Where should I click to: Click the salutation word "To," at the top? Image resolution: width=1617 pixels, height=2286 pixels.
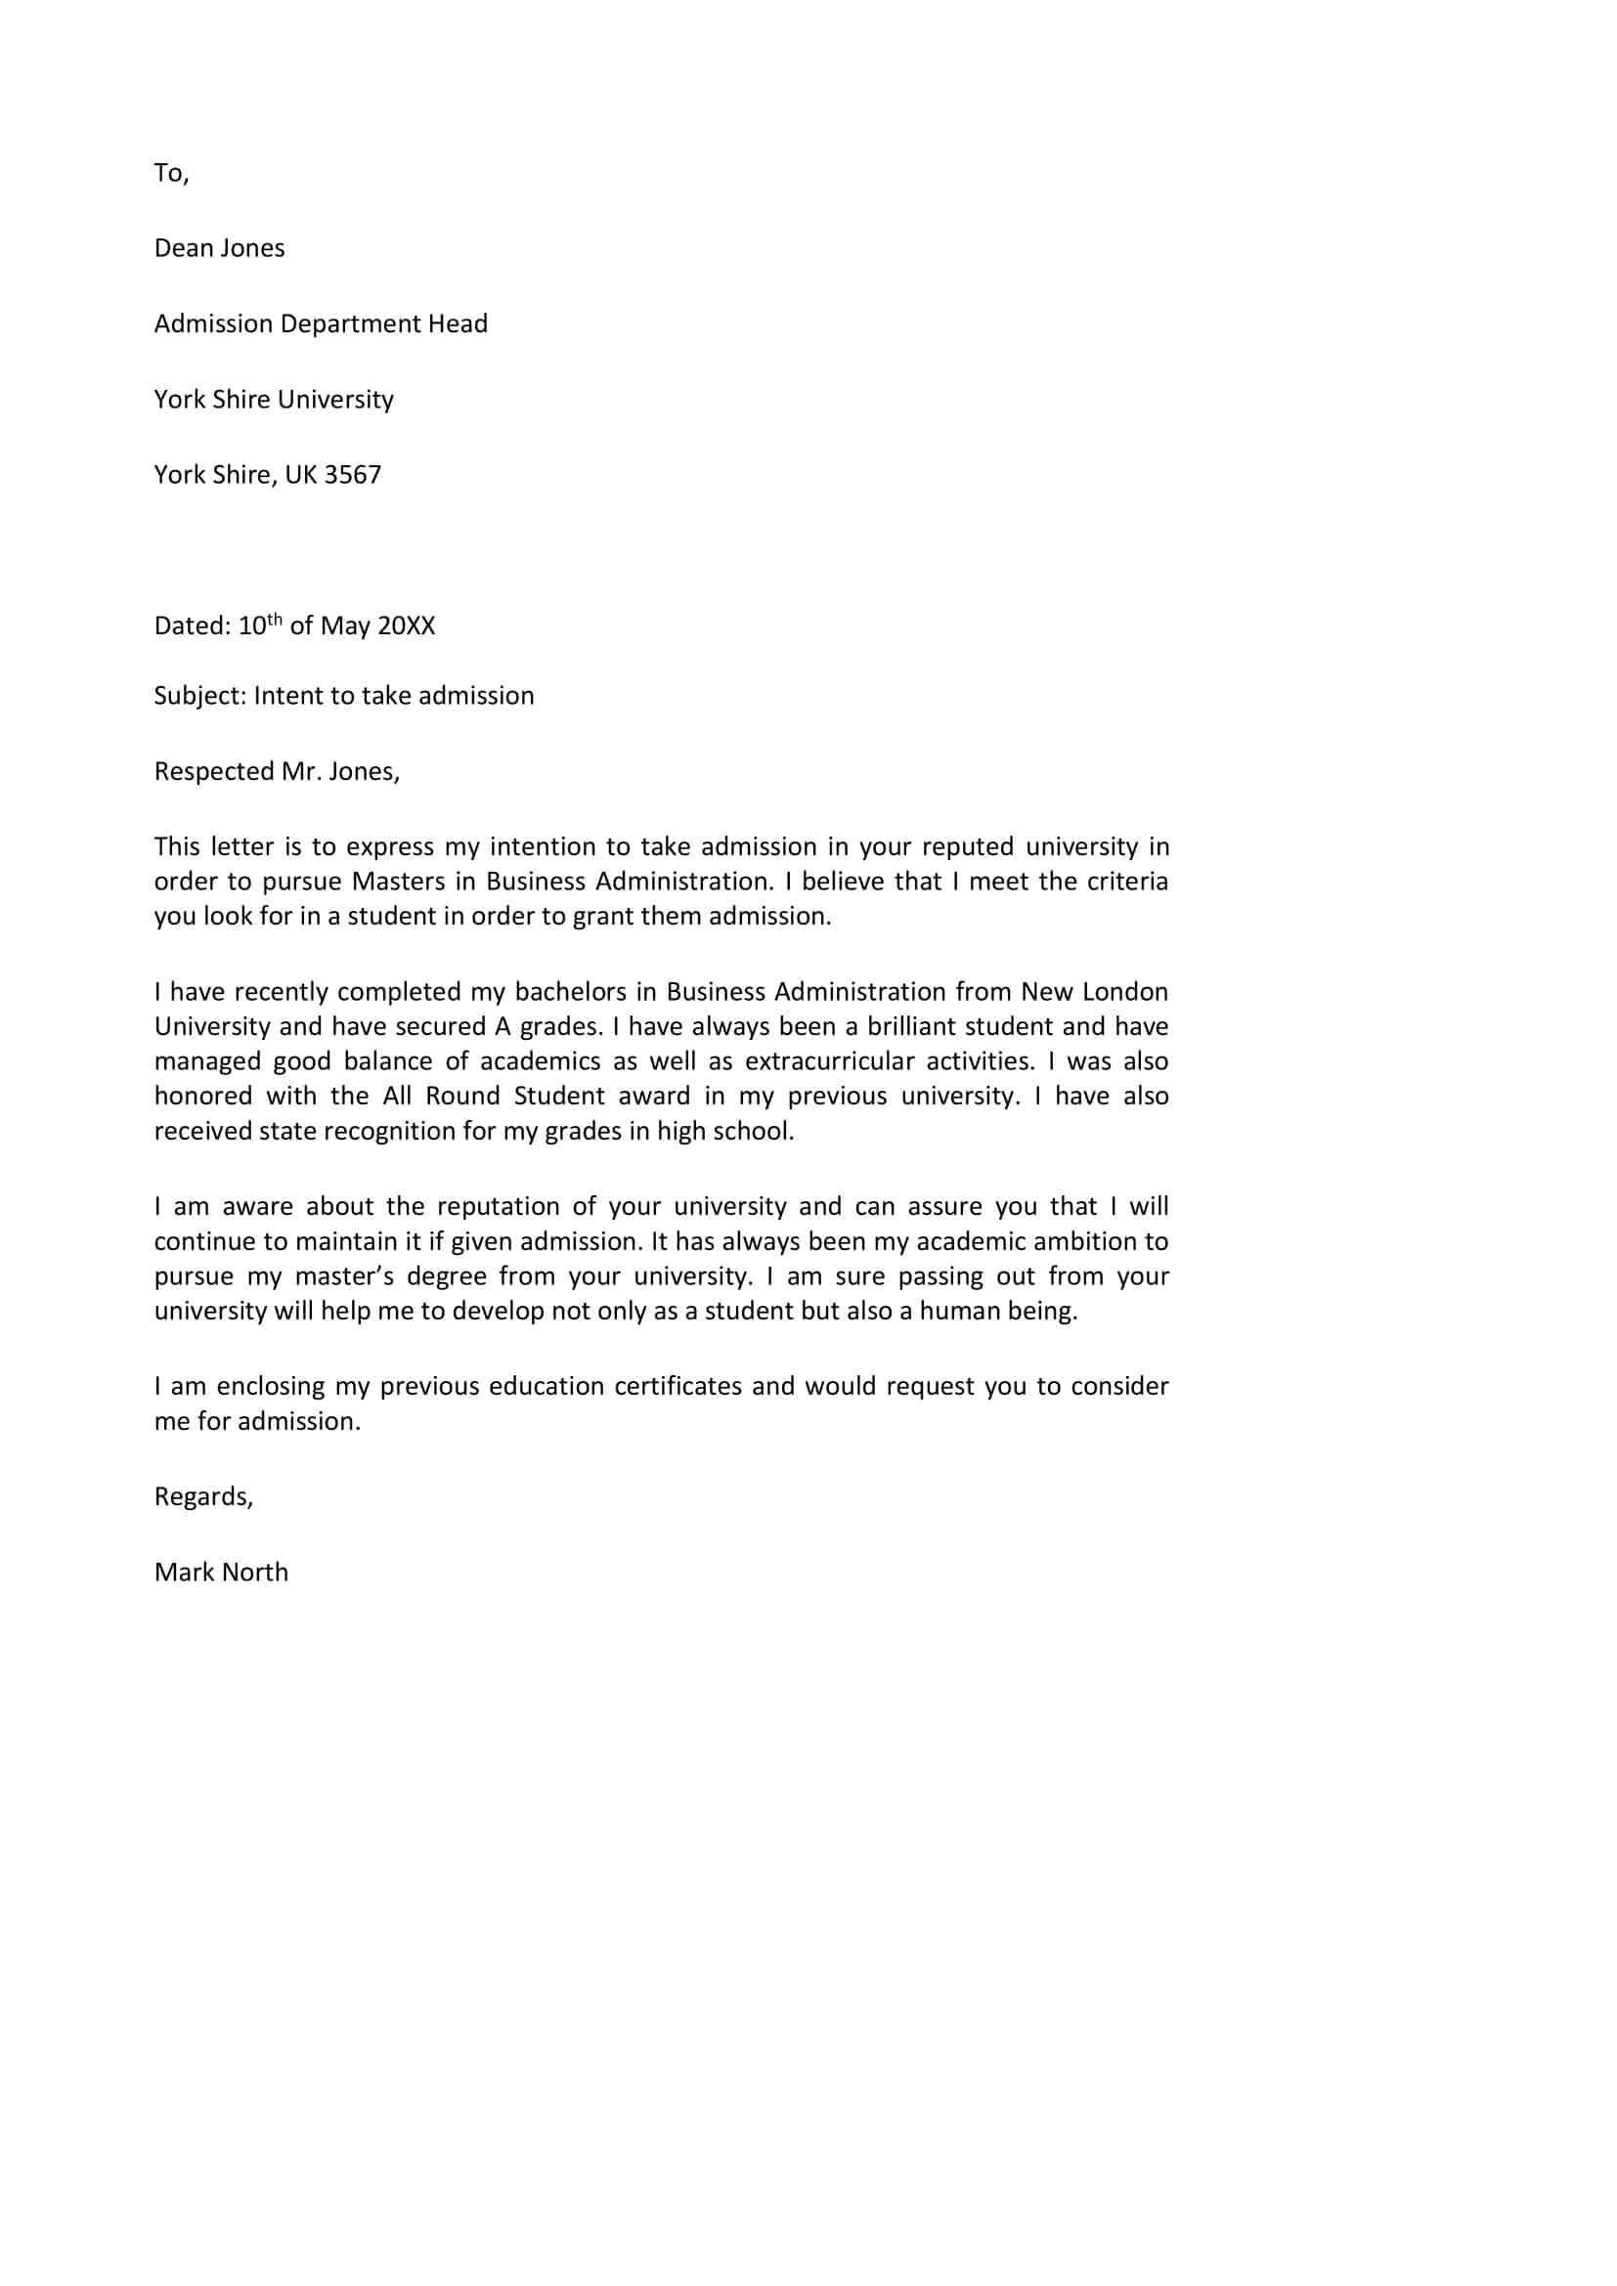pos(171,173)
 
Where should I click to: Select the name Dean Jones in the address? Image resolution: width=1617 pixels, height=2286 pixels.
pos(219,248)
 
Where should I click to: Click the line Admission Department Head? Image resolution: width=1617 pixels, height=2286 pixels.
pos(321,323)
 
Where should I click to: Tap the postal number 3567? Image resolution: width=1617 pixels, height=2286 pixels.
pos(353,474)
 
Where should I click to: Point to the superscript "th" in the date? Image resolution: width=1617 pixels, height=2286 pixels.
pos(276,619)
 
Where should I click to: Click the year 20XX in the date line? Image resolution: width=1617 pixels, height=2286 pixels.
pos(407,625)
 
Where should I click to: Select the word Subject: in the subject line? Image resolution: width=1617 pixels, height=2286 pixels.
pos(200,695)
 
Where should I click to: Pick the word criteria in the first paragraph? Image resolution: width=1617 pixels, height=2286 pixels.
pos(1124,882)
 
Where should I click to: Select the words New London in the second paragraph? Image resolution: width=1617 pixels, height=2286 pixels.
pos(1094,992)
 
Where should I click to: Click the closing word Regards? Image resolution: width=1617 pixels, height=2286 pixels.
pos(203,1496)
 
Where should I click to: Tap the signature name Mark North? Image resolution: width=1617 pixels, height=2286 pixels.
pos(221,1572)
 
